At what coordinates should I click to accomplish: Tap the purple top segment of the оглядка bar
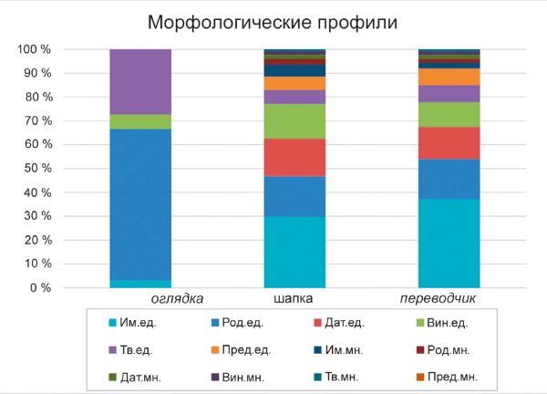[x=140, y=81]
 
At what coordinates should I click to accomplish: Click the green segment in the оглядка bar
[x=140, y=121]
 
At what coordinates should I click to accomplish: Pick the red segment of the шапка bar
[x=294, y=157]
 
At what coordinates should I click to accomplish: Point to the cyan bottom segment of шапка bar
[x=294, y=252]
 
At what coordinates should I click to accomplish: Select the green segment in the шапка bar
[x=294, y=121]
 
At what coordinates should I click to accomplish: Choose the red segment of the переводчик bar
[x=449, y=142]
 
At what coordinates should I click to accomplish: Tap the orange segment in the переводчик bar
[x=449, y=77]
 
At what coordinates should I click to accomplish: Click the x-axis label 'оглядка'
[x=176, y=299]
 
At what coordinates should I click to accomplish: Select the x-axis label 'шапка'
[x=294, y=299]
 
